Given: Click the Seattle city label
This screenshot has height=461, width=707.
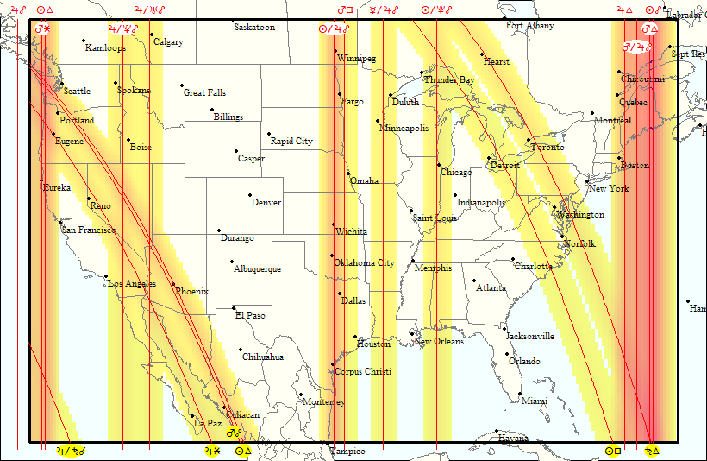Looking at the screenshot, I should pos(77,92).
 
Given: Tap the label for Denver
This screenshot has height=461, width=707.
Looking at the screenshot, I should pos(266,203).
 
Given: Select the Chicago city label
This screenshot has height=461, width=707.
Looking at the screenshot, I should pos(456,173).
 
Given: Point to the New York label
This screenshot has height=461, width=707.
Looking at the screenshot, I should pos(609,189).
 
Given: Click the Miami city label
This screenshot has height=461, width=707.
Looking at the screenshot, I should pos(535,401).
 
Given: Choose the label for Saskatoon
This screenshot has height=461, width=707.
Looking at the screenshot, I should pos(254,28).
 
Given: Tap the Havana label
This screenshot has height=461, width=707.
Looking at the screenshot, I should pos(513,439).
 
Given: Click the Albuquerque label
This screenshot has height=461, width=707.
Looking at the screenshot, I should pos(257,269).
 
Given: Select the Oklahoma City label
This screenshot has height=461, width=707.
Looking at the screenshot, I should pos(364,263).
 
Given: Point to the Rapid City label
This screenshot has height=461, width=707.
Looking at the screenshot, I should pos(291,142).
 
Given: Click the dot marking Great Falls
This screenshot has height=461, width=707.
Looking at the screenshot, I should pos(182,85).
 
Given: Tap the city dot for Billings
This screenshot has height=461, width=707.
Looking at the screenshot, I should pos(211,110).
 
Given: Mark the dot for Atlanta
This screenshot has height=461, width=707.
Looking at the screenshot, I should pos(473,280).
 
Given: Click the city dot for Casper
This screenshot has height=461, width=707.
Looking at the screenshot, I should pos(237,151).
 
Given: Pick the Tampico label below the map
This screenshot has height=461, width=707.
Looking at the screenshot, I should pos(347,452).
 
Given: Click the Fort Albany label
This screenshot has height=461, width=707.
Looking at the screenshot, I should pos(530,26).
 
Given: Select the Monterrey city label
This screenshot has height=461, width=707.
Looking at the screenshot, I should pos(324,402).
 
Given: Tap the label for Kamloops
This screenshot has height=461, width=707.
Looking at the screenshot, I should pos(105,48).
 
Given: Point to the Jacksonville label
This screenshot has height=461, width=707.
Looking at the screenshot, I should pos(530,337).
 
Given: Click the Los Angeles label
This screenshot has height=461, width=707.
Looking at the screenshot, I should pos(131,284).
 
